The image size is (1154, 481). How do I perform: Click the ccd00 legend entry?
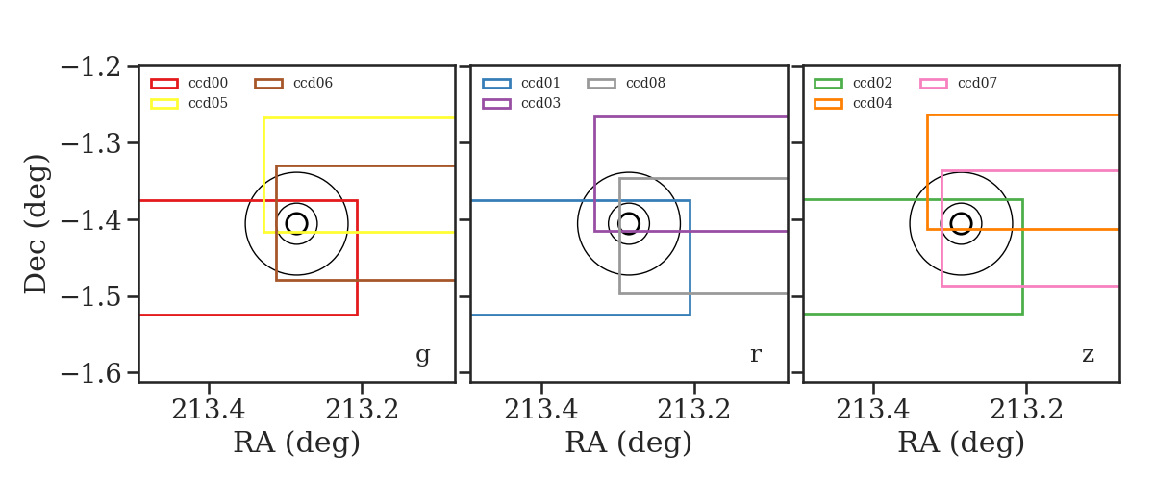pyautogui.click(x=208, y=83)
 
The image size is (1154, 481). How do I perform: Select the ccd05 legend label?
pyautogui.click(x=208, y=103)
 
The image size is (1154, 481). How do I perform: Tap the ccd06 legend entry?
pyautogui.click(x=313, y=83)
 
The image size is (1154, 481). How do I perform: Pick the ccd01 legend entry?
pyautogui.click(x=540, y=83)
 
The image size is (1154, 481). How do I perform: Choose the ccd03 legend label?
pyautogui.click(x=540, y=103)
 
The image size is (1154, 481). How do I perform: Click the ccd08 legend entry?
pyautogui.click(x=645, y=83)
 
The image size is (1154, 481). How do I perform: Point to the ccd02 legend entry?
pyautogui.click(x=872, y=83)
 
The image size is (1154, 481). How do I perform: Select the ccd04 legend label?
pyautogui.click(x=872, y=103)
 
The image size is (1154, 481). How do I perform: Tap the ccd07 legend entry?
pyautogui.click(x=977, y=83)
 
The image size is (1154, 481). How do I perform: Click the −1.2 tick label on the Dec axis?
pyautogui.click(x=91, y=67)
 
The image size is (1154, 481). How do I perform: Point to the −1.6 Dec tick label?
pyautogui.click(x=91, y=373)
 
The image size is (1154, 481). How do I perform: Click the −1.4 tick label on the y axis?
pyautogui.click(x=91, y=220)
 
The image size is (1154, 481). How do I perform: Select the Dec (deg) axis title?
pyautogui.click(x=37, y=224)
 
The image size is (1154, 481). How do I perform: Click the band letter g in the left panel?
pyautogui.click(x=422, y=355)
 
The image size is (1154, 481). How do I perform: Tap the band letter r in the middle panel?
pyautogui.click(x=755, y=355)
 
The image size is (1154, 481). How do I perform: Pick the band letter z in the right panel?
pyautogui.click(x=1088, y=355)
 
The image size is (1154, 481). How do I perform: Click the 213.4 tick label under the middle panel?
pyautogui.click(x=540, y=410)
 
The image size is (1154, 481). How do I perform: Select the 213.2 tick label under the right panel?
pyautogui.click(x=1026, y=410)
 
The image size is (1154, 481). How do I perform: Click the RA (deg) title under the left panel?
pyautogui.click(x=297, y=443)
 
